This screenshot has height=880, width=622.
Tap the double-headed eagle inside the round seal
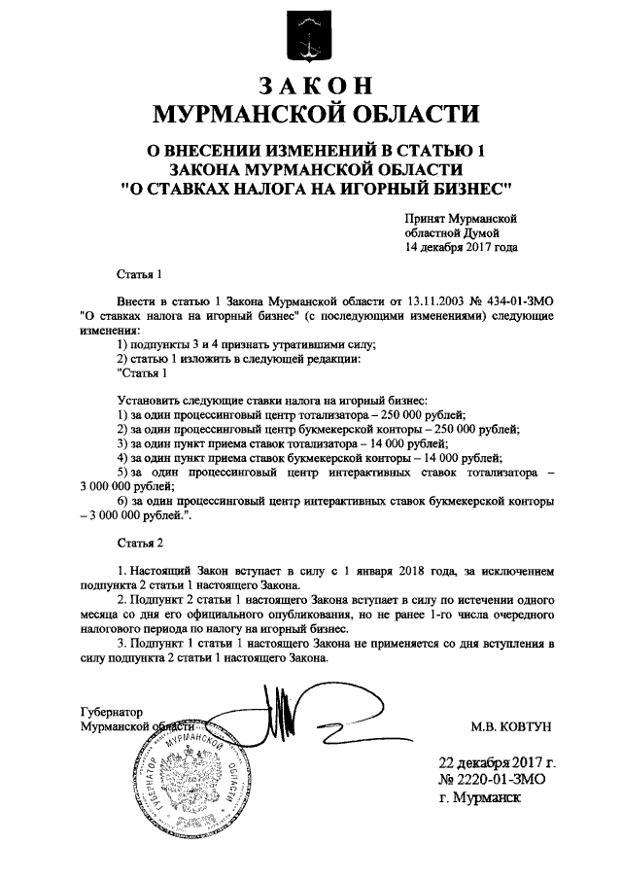tap(192, 790)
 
